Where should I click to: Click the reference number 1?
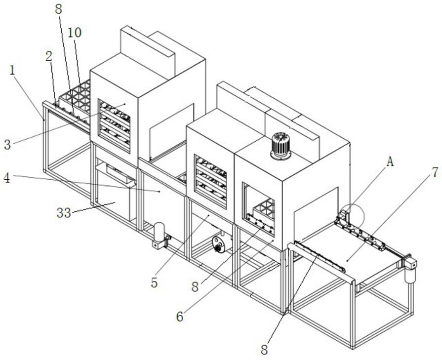point(12,71)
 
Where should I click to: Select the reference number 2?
point(49,56)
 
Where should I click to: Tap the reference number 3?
point(7,145)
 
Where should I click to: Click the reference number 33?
point(64,212)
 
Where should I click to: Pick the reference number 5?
point(154,283)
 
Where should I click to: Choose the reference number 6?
point(180,317)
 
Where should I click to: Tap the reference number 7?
point(435,172)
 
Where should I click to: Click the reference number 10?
point(75,33)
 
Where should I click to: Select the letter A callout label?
point(390,161)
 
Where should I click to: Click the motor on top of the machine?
point(281,146)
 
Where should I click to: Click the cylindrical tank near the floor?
point(159,232)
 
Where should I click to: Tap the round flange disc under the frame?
point(218,244)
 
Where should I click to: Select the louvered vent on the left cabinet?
point(114,126)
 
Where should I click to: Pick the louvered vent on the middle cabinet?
point(210,182)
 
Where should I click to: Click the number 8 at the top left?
point(58,9)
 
